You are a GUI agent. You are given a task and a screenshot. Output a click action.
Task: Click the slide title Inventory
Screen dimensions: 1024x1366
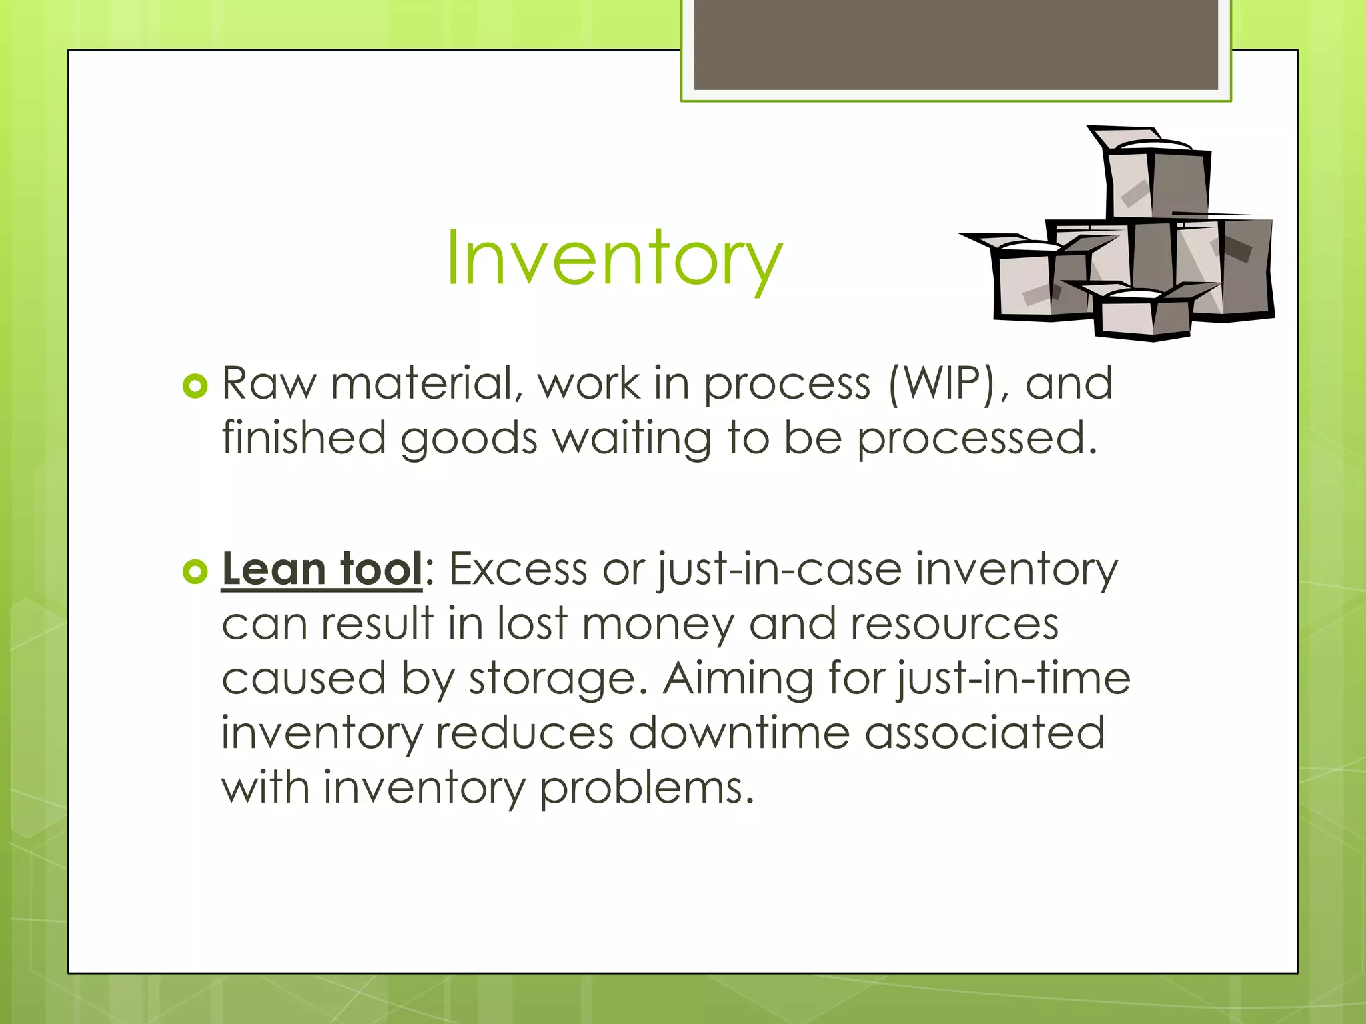pyautogui.click(x=614, y=259)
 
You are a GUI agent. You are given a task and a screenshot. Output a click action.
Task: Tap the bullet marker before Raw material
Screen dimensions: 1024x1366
pyautogui.click(x=195, y=386)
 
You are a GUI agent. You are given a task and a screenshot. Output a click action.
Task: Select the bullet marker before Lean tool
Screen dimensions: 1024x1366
pyautogui.click(x=195, y=571)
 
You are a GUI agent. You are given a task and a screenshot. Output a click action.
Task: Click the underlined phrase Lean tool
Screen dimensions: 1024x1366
pyautogui.click(x=321, y=569)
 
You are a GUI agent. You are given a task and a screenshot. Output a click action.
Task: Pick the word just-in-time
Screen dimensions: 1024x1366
pyautogui.click(x=1013, y=679)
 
